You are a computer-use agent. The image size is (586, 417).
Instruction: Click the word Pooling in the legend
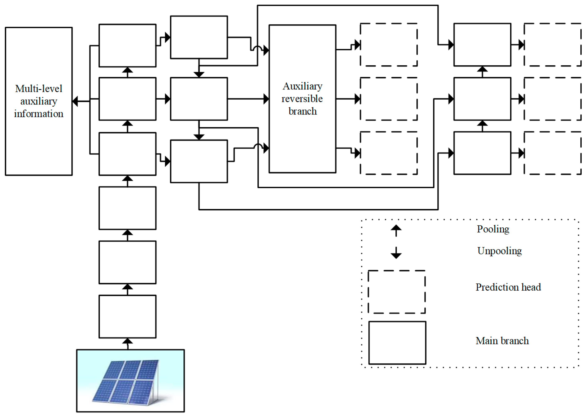click(493, 229)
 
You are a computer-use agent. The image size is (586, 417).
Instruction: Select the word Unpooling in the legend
click(499, 251)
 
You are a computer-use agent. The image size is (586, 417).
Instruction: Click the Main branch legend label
click(502, 341)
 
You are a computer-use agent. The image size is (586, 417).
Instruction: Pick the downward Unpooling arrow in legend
click(396, 253)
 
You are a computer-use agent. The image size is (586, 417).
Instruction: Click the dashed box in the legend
click(396, 292)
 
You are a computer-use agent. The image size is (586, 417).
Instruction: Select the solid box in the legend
click(397, 343)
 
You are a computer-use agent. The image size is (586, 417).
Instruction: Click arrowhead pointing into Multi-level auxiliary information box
click(75, 101)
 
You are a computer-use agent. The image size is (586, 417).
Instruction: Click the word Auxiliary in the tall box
click(302, 86)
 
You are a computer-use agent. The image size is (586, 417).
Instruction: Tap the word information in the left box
click(38, 114)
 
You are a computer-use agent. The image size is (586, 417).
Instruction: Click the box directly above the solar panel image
click(127, 316)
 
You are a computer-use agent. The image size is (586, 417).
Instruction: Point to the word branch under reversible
click(302, 111)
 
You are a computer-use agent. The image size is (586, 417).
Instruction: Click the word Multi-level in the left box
click(38, 89)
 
